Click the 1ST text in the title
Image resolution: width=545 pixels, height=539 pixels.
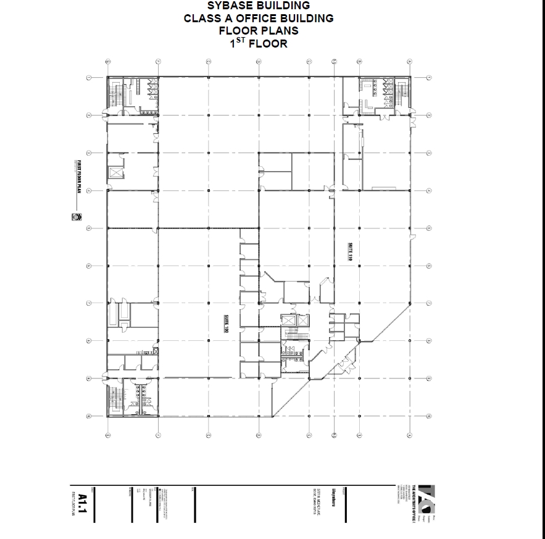[238, 43]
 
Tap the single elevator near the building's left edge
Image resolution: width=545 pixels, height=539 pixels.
[115, 172]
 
